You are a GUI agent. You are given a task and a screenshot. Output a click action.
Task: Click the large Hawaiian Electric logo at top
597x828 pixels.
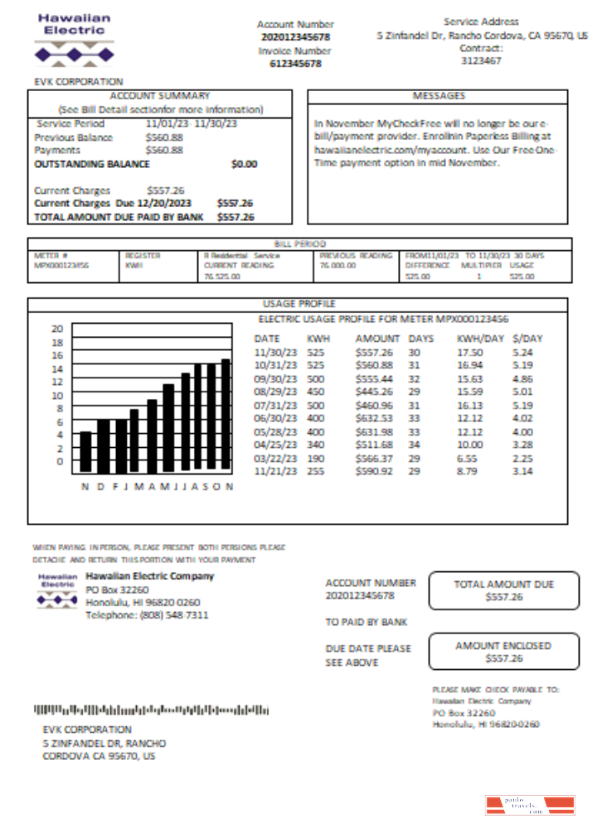74,39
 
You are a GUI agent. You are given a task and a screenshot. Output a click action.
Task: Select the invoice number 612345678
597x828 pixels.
295,64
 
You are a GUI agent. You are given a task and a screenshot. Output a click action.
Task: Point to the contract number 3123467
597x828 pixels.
481,60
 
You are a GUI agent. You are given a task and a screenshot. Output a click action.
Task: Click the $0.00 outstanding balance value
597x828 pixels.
245,164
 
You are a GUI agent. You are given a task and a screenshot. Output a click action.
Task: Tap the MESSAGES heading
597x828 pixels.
439,96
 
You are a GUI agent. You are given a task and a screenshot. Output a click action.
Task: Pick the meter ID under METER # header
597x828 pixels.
61,266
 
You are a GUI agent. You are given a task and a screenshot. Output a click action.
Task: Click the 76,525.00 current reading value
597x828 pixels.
222,277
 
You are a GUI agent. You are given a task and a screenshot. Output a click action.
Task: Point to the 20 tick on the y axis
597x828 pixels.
57,329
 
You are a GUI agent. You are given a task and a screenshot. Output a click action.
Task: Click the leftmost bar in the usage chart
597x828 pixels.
85,450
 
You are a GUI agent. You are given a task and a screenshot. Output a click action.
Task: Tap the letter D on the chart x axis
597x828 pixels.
101,487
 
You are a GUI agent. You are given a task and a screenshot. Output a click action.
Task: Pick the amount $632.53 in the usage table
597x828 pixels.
373,418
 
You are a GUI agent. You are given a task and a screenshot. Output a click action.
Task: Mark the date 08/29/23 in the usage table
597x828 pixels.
273,392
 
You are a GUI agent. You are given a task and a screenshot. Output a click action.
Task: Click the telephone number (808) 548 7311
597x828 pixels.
147,615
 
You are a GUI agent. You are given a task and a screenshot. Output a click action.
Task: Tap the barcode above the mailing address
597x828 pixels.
151,710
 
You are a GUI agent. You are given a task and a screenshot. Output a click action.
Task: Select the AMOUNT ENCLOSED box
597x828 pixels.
503,652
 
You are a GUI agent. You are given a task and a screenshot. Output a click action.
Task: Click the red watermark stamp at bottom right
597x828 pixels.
530,805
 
